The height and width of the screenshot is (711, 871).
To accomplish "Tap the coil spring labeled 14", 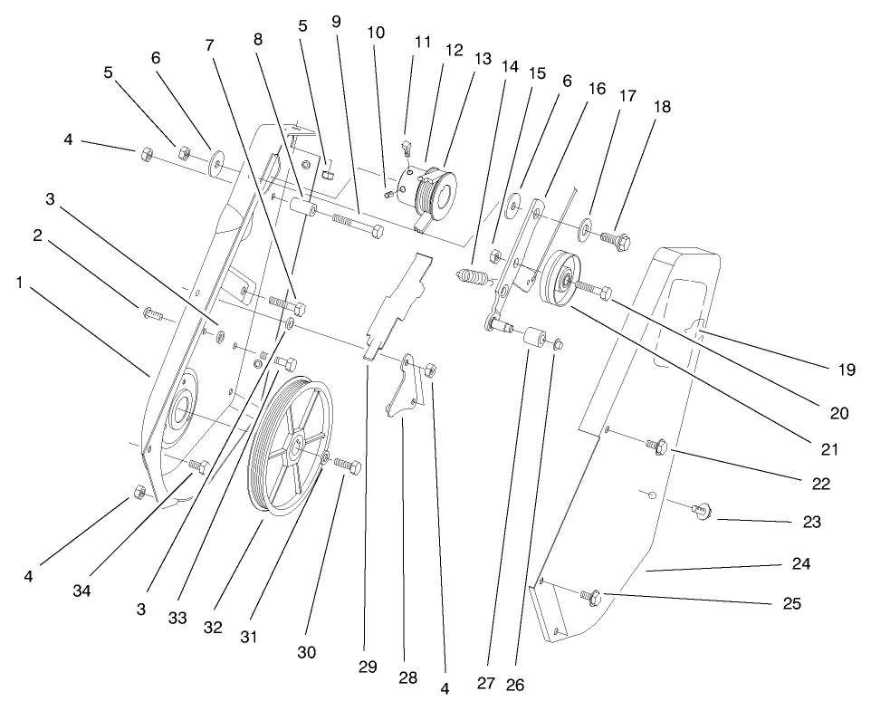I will pyautogui.click(x=472, y=274).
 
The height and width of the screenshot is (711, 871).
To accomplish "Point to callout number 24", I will pyautogui.click(x=799, y=563).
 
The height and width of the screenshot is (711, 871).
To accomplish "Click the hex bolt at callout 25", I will pyautogui.click(x=591, y=596).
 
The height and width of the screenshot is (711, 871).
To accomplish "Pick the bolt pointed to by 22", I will pyautogui.click(x=656, y=445).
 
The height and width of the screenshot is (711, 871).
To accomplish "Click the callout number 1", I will pyautogui.click(x=19, y=283).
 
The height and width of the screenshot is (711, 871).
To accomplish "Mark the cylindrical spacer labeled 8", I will pyautogui.click(x=301, y=205).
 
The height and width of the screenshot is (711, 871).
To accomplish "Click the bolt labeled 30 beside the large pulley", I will pyautogui.click(x=348, y=466).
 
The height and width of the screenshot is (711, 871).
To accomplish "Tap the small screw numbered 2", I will pyautogui.click(x=151, y=314).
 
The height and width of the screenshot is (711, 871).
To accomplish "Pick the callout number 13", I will pyautogui.click(x=483, y=59).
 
